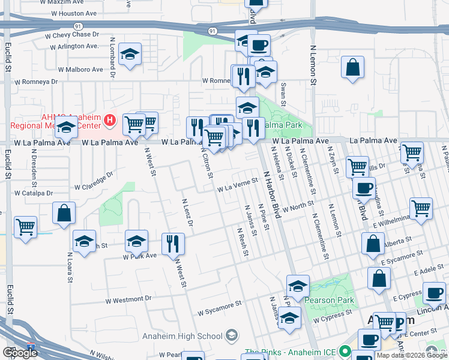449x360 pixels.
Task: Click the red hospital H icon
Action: (x=109, y=121)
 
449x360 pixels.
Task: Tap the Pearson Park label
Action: (x=330, y=300)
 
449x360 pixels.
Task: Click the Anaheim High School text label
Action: (x=183, y=336)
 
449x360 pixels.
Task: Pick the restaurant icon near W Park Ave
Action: (x=173, y=243)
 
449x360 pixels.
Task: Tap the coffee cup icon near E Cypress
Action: (x=434, y=293)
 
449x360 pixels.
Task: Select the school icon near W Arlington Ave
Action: (x=130, y=55)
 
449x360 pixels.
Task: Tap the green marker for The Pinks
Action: (x=344, y=351)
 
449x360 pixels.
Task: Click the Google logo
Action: (x=20, y=353)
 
